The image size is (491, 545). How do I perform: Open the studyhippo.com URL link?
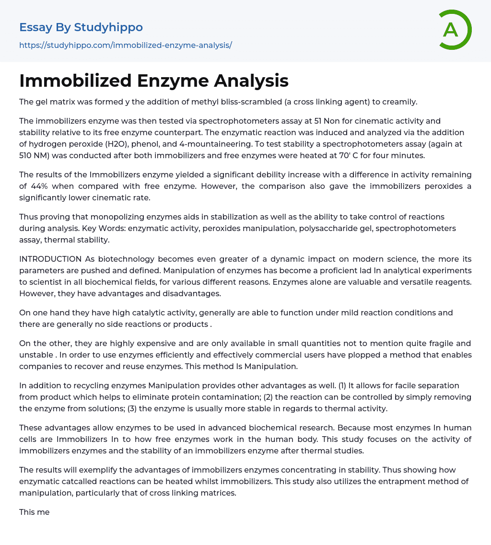[x=126, y=45]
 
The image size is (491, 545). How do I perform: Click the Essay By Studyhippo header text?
[x=81, y=27]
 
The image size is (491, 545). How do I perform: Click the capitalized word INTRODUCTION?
[x=50, y=259]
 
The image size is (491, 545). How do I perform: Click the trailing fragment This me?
[x=35, y=512]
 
